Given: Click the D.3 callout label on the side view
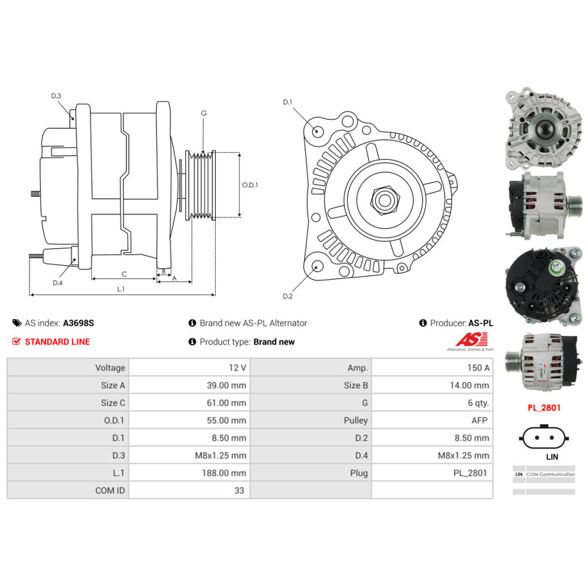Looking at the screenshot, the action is [x=56, y=96].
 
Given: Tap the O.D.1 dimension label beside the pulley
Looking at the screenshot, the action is [x=250, y=185].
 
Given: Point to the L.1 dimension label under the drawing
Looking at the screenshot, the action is [x=121, y=289].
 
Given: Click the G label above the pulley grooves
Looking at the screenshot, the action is [x=203, y=113].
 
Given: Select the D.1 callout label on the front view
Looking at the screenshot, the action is [x=288, y=102].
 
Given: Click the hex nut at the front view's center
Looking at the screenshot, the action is [x=385, y=200].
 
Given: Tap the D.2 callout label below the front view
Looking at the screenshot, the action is [x=288, y=296].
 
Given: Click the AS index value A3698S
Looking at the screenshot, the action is [x=78, y=323].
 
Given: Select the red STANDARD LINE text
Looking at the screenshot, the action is [x=58, y=342].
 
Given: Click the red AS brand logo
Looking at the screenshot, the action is [x=472, y=339].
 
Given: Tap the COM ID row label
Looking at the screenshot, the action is [x=110, y=490].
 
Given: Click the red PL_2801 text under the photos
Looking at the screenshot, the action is [x=544, y=408].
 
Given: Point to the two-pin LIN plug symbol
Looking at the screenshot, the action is [x=544, y=437].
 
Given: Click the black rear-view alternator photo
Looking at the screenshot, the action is [x=544, y=286].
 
